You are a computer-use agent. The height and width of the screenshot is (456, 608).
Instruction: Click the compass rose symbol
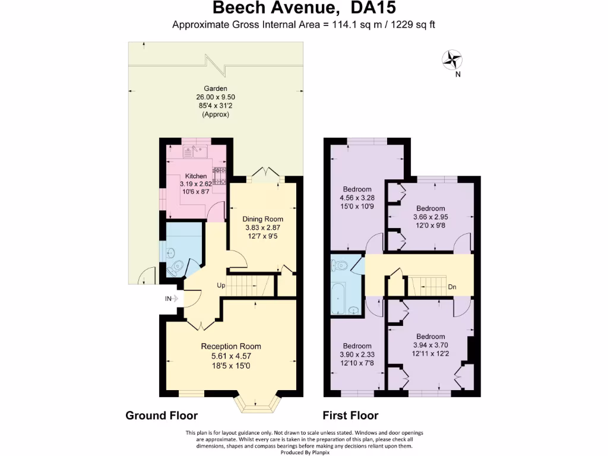453,59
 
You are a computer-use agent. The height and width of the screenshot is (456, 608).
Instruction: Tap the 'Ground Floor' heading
161,415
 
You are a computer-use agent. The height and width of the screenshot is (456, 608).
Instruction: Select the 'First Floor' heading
350,415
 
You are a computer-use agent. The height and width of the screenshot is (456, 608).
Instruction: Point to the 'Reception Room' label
231,346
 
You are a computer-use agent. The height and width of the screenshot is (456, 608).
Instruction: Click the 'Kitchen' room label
196,176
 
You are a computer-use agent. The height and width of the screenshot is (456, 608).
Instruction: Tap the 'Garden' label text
216,88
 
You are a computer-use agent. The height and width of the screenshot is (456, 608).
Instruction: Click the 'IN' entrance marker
168,298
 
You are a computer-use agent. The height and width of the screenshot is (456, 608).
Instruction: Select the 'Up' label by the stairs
221,286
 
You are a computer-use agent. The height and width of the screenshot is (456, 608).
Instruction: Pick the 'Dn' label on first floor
452,287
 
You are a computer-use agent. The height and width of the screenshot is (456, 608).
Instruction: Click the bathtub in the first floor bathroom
337,298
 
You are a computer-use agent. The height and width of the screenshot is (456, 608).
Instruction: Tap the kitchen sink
195,151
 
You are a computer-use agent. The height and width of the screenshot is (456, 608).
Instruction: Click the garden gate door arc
146,276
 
